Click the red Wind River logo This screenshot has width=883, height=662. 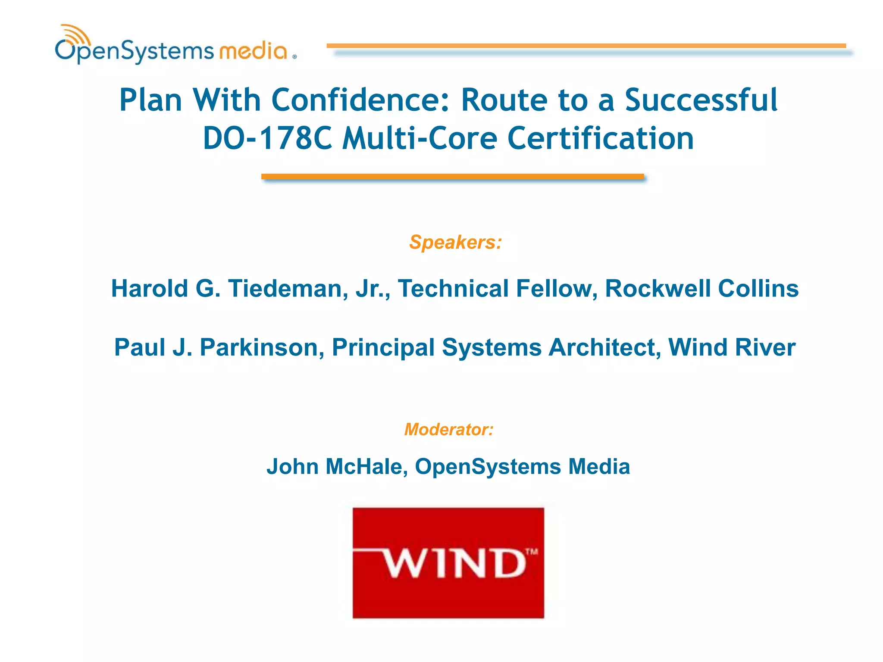coord(448,562)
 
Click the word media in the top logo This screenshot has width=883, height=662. coord(253,51)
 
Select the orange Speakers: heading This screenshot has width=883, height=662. coord(455,242)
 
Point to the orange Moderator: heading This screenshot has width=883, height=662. coord(448,429)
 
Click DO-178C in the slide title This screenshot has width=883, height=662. coord(267,138)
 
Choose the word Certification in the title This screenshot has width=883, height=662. coord(600,138)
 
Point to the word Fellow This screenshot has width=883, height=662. coord(556,288)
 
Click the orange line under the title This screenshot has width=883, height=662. coord(452,176)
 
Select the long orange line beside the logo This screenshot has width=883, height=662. coord(586,45)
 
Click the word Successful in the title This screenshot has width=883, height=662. coord(701,100)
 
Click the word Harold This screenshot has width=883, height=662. coord(150,288)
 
